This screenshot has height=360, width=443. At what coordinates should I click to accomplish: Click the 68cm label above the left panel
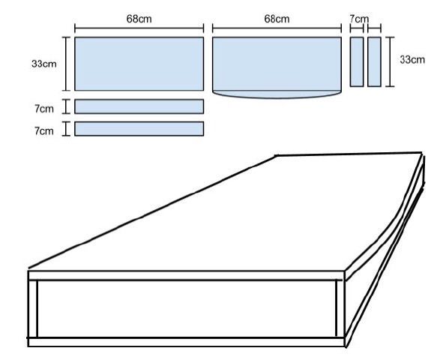click(139, 19)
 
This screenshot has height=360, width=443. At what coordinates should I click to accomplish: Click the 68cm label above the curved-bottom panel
click(277, 19)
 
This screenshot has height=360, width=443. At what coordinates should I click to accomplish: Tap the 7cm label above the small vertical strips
click(359, 19)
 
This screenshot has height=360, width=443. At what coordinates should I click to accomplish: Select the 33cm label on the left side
click(44, 64)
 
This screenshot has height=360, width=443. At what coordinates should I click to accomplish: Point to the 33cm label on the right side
click(412, 59)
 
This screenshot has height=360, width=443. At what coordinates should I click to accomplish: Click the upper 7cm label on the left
click(44, 109)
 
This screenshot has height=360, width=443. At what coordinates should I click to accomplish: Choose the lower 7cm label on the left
click(44, 130)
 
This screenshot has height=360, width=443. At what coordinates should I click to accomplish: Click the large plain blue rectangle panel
click(139, 64)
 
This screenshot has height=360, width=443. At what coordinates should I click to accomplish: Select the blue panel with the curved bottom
click(277, 67)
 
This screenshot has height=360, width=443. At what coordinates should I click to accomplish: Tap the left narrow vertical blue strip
click(357, 61)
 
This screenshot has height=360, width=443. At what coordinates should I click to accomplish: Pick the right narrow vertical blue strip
click(374, 61)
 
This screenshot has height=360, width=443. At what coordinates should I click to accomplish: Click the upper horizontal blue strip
click(139, 106)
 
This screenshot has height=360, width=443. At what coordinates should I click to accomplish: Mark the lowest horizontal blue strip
click(139, 128)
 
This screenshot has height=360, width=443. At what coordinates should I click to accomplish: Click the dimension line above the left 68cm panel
click(139, 28)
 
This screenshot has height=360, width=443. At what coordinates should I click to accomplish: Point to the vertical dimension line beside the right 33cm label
click(390, 61)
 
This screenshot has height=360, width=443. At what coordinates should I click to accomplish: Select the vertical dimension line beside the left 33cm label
click(66, 64)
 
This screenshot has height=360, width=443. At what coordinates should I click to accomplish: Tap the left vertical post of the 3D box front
click(33, 309)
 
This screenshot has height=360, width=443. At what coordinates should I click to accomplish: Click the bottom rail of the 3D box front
click(186, 342)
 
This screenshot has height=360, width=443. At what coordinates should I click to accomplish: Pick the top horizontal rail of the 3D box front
click(187, 275)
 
